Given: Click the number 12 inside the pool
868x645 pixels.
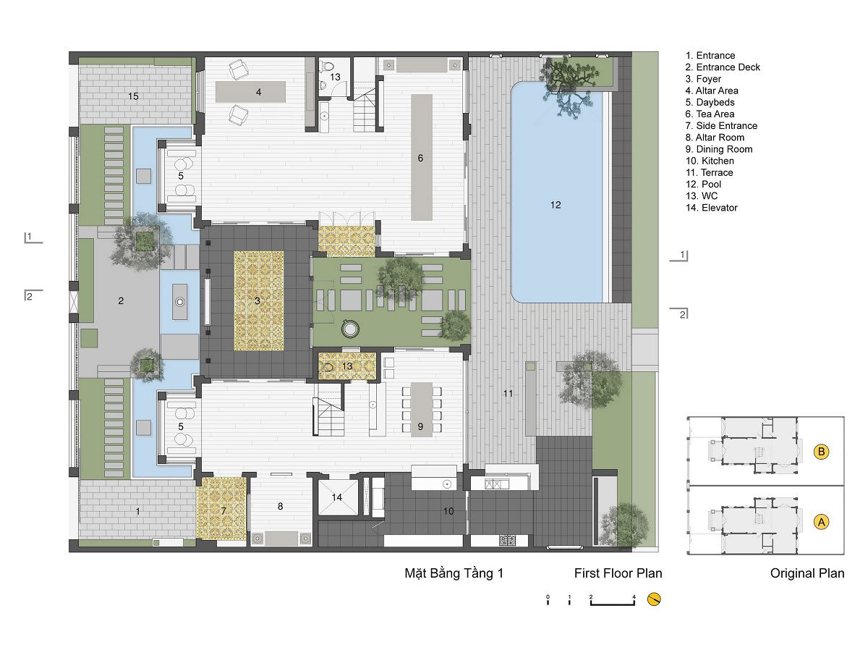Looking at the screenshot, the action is pyautogui.click(x=555, y=205).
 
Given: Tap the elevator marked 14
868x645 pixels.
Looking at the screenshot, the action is pyautogui.click(x=337, y=497).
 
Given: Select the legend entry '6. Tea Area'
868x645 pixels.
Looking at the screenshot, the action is pyautogui.click(x=710, y=114).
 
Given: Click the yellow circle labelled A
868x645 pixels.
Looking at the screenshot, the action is pyautogui.click(x=821, y=522).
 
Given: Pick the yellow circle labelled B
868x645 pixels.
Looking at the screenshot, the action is pyautogui.click(x=821, y=452).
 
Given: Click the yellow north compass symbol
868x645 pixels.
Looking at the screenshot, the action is pyautogui.click(x=654, y=599).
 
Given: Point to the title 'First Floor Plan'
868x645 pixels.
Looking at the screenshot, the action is pyautogui.click(x=618, y=573).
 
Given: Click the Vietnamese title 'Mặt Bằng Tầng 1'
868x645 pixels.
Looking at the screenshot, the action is pyautogui.click(x=454, y=573).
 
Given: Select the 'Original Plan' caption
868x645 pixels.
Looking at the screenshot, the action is pyautogui.click(x=807, y=573).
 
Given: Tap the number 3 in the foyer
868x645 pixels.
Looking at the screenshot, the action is pyautogui.click(x=257, y=300).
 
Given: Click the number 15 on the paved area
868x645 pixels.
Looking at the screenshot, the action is pyautogui.click(x=133, y=96).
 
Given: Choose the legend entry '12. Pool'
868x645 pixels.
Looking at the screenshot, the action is pyautogui.click(x=703, y=185).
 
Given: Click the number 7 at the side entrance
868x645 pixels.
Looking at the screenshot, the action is pyautogui.click(x=224, y=510).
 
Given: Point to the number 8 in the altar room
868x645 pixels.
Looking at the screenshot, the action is pyautogui.click(x=280, y=506).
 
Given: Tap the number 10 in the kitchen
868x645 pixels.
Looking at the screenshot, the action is pyautogui.click(x=448, y=511).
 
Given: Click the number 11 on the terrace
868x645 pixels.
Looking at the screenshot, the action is pyautogui.click(x=508, y=393).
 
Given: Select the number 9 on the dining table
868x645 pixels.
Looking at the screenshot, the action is pyautogui.click(x=420, y=426).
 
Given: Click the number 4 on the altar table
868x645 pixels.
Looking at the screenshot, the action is pyautogui.click(x=259, y=92).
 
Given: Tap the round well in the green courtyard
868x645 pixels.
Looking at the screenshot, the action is pyautogui.click(x=350, y=329).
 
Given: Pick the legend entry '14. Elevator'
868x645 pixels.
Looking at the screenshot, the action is pyautogui.click(x=711, y=208).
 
